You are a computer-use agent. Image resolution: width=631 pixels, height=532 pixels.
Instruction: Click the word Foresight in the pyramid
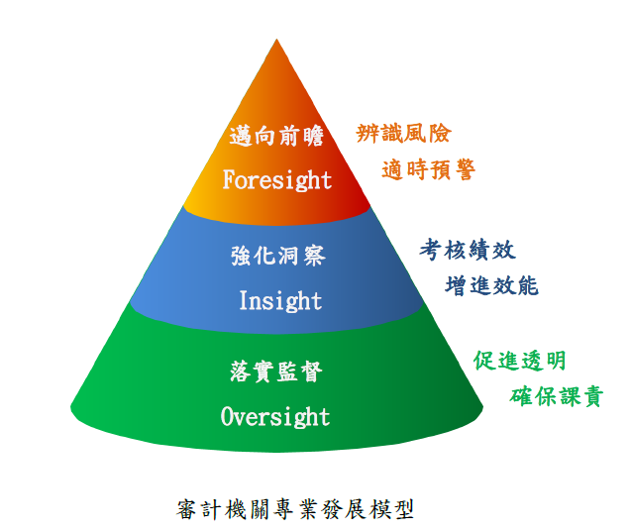(x=277, y=180)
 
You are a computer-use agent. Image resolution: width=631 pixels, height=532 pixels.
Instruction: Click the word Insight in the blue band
(x=280, y=300)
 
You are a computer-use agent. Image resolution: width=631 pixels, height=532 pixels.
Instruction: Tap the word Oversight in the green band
(x=275, y=416)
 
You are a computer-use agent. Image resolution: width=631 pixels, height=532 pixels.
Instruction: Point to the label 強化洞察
(x=277, y=257)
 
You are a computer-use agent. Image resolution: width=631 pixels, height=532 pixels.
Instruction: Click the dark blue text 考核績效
(x=468, y=249)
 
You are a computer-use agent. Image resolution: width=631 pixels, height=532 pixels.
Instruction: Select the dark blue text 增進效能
(x=492, y=285)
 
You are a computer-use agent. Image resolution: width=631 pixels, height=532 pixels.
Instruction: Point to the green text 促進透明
(x=520, y=361)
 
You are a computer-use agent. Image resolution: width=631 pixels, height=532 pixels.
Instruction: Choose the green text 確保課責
(x=556, y=396)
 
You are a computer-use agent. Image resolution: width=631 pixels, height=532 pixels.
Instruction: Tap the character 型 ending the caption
(x=402, y=510)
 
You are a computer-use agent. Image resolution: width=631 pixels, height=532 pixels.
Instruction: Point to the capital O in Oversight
(x=228, y=416)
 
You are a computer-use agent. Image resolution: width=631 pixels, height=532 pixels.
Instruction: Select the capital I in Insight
(x=244, y=300)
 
